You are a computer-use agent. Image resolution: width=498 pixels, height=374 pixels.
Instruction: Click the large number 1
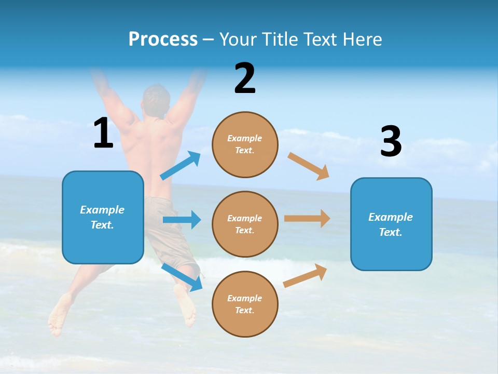(103, 133)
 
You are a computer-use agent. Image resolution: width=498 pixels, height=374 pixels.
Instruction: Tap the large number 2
(245, 78)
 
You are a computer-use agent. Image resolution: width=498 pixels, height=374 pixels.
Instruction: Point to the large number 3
(391, 141)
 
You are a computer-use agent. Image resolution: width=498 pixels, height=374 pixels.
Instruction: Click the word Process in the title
(163, 39)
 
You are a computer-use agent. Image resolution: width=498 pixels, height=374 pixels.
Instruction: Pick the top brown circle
(245, 144)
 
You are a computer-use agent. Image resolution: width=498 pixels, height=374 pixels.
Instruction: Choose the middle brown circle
(245, 224)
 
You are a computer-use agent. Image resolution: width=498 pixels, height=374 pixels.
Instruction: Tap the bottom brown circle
(245, 304)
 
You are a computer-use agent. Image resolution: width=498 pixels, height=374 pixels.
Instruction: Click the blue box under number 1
(103, 217)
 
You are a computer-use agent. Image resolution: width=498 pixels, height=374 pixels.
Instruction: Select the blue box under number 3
(391, 224)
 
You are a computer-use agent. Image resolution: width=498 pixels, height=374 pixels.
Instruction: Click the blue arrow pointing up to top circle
(181, 166)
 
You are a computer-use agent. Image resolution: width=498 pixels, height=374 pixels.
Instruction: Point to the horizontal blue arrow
(182, 220)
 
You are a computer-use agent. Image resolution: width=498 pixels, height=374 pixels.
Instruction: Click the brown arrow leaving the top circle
(309, 166)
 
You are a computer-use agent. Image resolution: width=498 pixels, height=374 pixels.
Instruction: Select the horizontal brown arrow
(307, 219)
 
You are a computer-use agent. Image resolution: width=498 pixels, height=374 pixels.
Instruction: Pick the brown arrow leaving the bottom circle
(306, 275)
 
